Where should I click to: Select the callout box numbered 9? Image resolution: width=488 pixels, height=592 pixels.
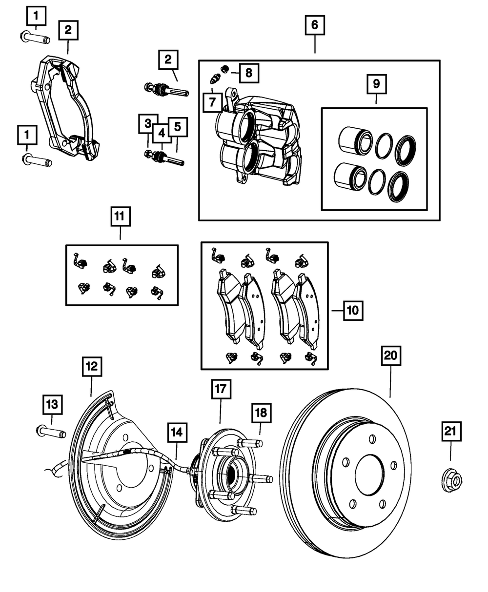tap(376, 84)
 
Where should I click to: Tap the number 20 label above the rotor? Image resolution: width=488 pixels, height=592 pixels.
tap(390, 356)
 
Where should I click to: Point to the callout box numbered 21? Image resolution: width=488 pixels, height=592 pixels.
tap(450, 431)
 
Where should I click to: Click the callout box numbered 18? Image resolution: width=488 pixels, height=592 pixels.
tap(261, 413)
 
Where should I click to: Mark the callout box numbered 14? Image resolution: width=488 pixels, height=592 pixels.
tap(177, 432)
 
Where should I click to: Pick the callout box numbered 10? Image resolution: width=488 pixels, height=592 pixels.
tap(352, 309)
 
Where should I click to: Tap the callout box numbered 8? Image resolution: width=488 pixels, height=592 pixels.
tap(248, 74)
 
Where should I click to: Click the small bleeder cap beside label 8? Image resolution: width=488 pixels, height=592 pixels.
tap(225, 68)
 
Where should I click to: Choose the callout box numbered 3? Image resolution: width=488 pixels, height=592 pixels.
tap(147, 123)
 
